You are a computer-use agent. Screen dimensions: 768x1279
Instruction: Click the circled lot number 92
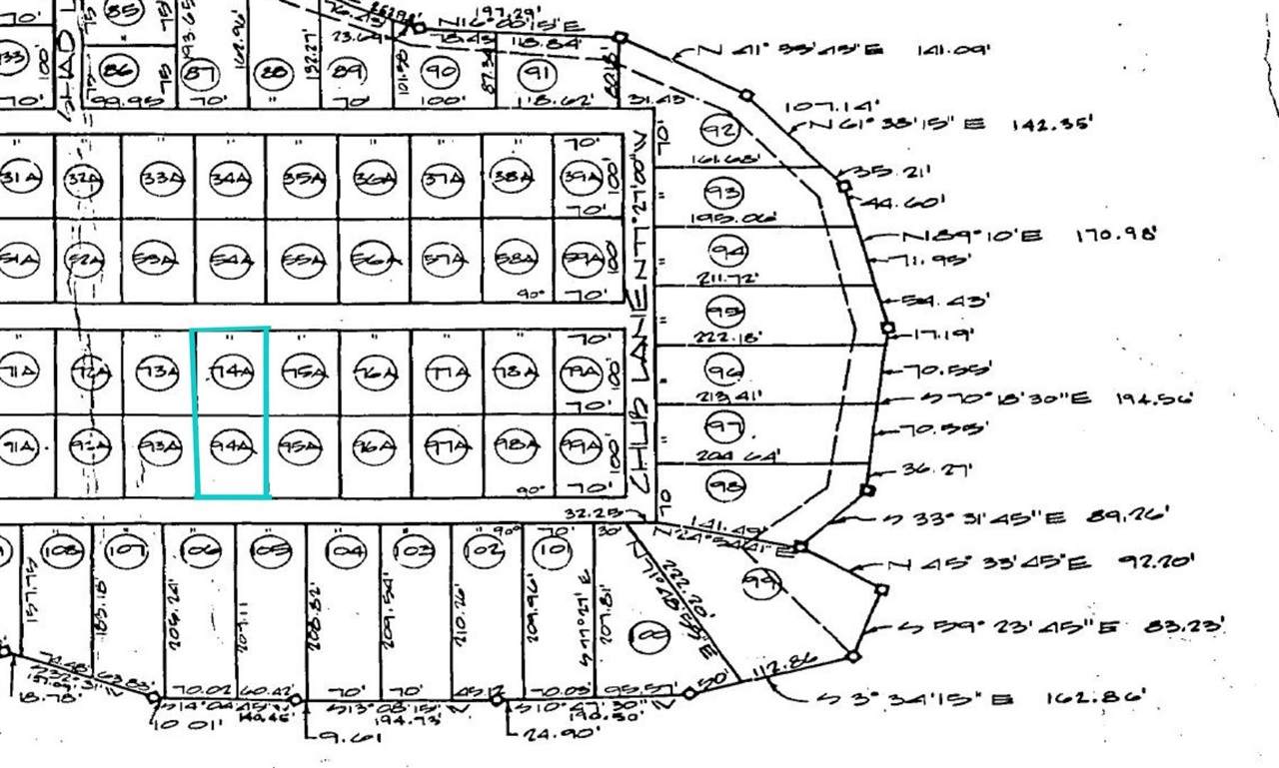click(718, 130)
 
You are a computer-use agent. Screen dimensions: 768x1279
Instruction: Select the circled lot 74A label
click(230, 374)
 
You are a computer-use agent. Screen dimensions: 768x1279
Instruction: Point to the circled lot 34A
click(230, 180)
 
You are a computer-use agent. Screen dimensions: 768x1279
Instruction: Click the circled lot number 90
click(440, 70)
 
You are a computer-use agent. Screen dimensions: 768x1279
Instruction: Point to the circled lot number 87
click(202, 72)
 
